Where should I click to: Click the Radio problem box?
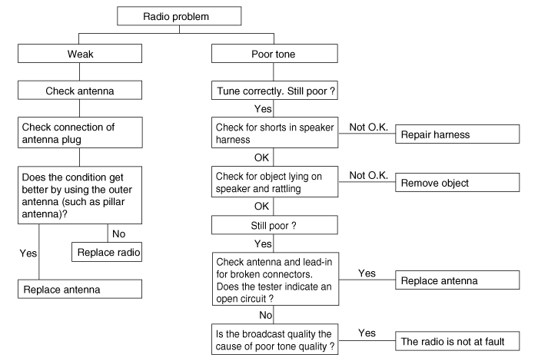pos(179,16)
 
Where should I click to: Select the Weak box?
pos(80,54)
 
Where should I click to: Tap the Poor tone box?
pos(274,54)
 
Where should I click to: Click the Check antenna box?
pos(80,91)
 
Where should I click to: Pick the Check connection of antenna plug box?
pos(80,133)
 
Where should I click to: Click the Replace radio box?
pos(107,253)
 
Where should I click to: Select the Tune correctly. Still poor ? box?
pos(274,91)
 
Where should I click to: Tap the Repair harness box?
pos(457,134)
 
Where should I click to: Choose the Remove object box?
pos(457,182)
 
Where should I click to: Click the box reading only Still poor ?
pos(274,225)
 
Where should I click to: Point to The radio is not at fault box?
pos(457,341)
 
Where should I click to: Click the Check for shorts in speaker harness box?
pos(274,133)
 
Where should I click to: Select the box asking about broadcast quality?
pos(274,339)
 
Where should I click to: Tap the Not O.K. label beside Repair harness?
pos(368,128)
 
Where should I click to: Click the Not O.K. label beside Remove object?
pos(368,176)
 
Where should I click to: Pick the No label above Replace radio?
pos(118,233)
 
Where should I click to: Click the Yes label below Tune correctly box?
pos(263,108)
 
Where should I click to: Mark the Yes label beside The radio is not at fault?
pos(367,333)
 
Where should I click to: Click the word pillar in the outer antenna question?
pos(111,201)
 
